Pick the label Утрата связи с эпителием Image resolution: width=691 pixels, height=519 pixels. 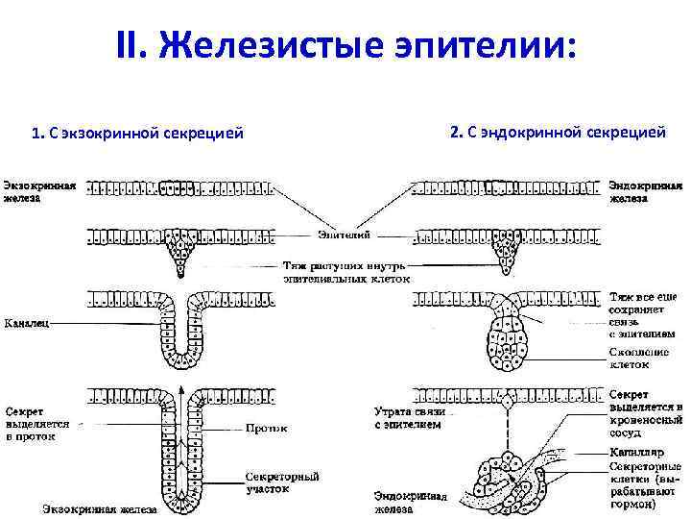(408, 417)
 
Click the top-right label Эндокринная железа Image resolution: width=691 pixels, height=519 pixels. (646, 189)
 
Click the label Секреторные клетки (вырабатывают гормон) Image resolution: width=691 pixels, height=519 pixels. (646, 483)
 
